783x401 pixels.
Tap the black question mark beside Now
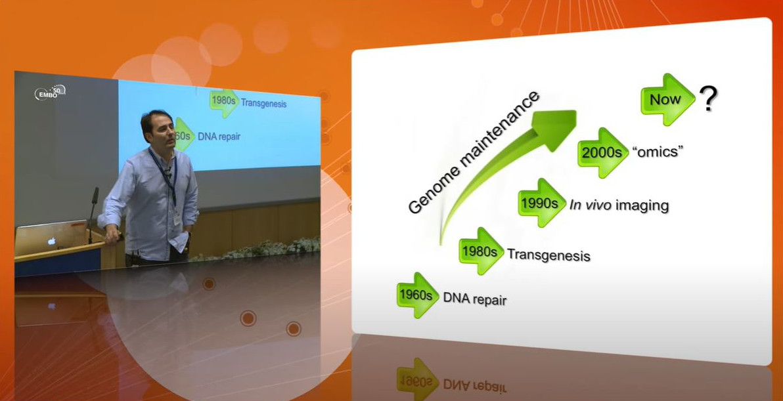tap(708, 98)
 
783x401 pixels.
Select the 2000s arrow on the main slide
tap(603, 153)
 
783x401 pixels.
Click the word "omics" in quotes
tap(658, 152)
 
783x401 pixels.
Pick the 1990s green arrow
tap(543, 203)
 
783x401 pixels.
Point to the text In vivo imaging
tap(619, 205)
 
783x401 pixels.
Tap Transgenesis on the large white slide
tap(548, 255)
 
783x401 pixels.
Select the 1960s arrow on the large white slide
tap(418, 295)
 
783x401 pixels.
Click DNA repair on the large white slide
tap(475, 299)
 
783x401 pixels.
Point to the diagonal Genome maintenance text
tap(473, 152)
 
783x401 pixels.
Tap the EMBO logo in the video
tap(49, 93)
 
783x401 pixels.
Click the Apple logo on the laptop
tap(51, 241)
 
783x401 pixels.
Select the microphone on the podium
tap(93, 215)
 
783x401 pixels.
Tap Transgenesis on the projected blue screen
tap(263, 103)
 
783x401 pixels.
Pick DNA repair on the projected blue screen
tap(219, 136)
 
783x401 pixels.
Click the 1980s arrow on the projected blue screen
tap(224, 103)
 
